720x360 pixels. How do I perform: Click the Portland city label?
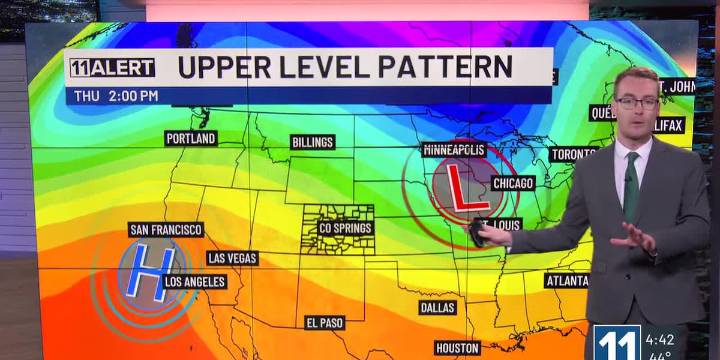pyautogui.click(x=191, y=138)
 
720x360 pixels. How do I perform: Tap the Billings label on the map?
pyautogui.click(x=312, y=142)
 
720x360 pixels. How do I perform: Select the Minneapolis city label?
pyautogui.click(x=454, y=150)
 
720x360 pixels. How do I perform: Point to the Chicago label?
pyautogui.click(x=513, y=183)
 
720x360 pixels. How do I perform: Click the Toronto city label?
pyautogui.click(x=574, y=155)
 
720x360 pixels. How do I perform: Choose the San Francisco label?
pyautogui.click(x=166, y=229)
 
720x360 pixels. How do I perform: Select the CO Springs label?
pyautogui.click(x=345, y=229)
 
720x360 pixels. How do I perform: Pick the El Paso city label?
pyautogui.click(x=325, y=322)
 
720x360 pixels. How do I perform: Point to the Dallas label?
pyautogui.click(x=438, y=307)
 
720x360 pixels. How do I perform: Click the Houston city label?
pyautogui.click(x=457, y=348)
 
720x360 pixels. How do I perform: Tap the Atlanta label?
pyautogui.click(x=566, y=281)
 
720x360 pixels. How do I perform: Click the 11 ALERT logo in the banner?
pyautogui.click(x=112, y=68)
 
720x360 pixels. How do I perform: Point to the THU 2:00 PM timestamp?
pyautogui.click(x=116, y=96)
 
